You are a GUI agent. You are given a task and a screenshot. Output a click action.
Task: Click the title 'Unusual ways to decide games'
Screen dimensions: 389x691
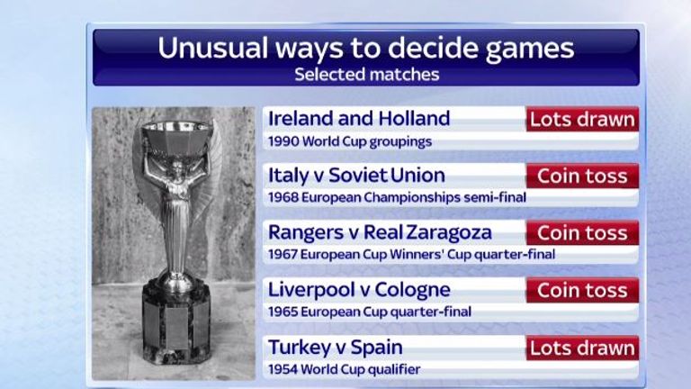(x=366, y=48)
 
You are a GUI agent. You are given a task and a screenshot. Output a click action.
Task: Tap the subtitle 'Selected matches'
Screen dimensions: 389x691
(x=366, y=74)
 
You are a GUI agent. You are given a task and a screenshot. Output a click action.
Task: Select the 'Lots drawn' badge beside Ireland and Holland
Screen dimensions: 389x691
(x=582, y=119)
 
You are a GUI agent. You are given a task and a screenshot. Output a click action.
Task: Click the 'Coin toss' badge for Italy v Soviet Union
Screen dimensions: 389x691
(x=582, y=176)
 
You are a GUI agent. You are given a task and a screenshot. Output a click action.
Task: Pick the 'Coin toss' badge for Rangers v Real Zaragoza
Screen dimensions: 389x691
(x=582, y=232)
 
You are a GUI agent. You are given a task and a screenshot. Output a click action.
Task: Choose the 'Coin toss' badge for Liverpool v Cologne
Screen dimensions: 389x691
(x=582, y=290)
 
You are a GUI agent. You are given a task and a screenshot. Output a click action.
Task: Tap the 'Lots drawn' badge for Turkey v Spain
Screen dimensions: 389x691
(x=582, y=348)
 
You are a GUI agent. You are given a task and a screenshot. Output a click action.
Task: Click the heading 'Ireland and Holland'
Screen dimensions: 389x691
(x=359, y=119)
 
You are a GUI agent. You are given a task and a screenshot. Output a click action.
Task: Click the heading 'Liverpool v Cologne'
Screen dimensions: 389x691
(x=359, y=290)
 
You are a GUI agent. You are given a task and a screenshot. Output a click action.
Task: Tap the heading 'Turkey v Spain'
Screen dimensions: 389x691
(x=336, y=348)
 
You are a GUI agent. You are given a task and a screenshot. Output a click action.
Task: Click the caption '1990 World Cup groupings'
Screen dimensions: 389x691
(x=350, y=140)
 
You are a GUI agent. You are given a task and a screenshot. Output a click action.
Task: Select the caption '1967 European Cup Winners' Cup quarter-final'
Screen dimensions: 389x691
(x=411, y=254)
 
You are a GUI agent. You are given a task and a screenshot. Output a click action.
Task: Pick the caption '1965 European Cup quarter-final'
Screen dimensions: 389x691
(x=370, y=312)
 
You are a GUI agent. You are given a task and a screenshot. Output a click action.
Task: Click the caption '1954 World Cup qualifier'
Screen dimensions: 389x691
(x=344, y=368)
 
